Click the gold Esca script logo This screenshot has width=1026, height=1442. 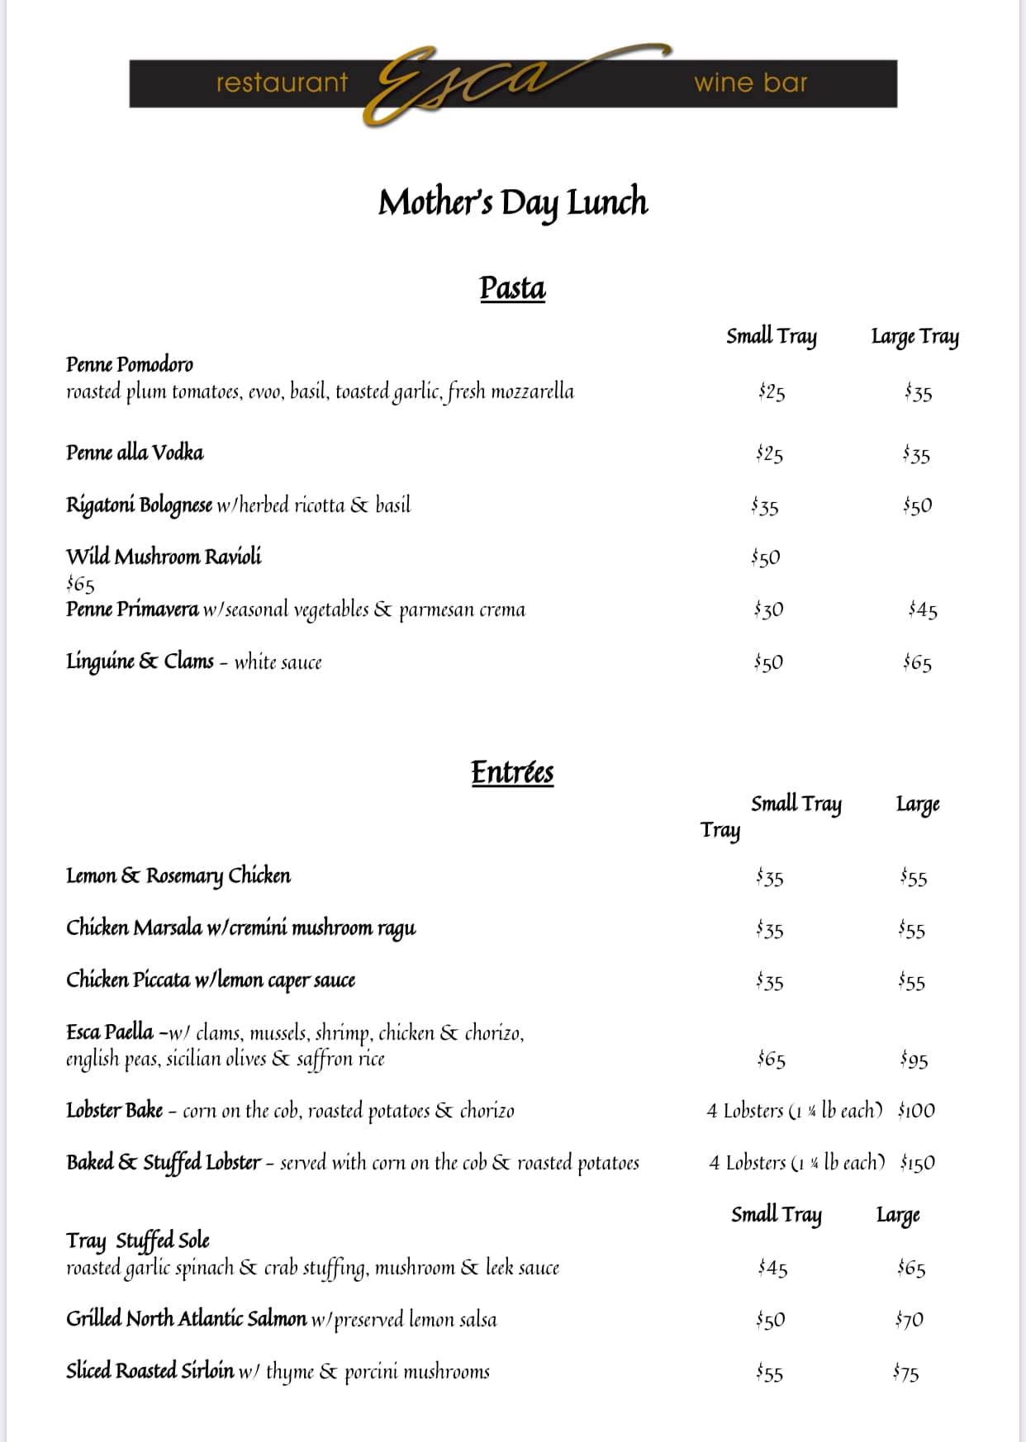click(x=463, y=83)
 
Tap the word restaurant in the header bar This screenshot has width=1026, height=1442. click(x=282, y=83)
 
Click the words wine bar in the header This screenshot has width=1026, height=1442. click(x=750, y=83)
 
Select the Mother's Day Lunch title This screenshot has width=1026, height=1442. click(x=513, y=202)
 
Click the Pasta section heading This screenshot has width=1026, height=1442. click(x=512, y=288)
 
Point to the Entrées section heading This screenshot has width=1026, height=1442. click(x=512, y=772)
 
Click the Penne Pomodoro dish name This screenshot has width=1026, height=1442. click(x=130, y=364)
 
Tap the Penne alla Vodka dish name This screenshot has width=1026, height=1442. click(x=135, y=453)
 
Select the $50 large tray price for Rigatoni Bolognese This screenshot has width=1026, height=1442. click(x=917, y=505)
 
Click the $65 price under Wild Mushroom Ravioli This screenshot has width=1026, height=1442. click(x=81, y=585)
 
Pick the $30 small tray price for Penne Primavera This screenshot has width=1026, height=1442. click(x=768, y=610)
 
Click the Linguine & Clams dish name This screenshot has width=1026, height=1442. click(x=140, y=662)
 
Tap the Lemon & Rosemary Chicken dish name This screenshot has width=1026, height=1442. click(x=178, y=875)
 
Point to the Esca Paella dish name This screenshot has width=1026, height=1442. click(x=110, y=1032)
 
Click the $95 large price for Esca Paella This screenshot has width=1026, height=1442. click(x=914, y=1060)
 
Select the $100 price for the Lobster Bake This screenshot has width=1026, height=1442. click(x=916, y=1111)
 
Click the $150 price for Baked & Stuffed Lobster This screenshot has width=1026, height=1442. click(x=917, y=1163)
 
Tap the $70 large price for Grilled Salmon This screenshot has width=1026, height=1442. click(x=909, y=1320)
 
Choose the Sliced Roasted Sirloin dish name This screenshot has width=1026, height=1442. click(x=150, y=1371)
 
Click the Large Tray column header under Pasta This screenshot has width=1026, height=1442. click(x=914, y=337)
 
